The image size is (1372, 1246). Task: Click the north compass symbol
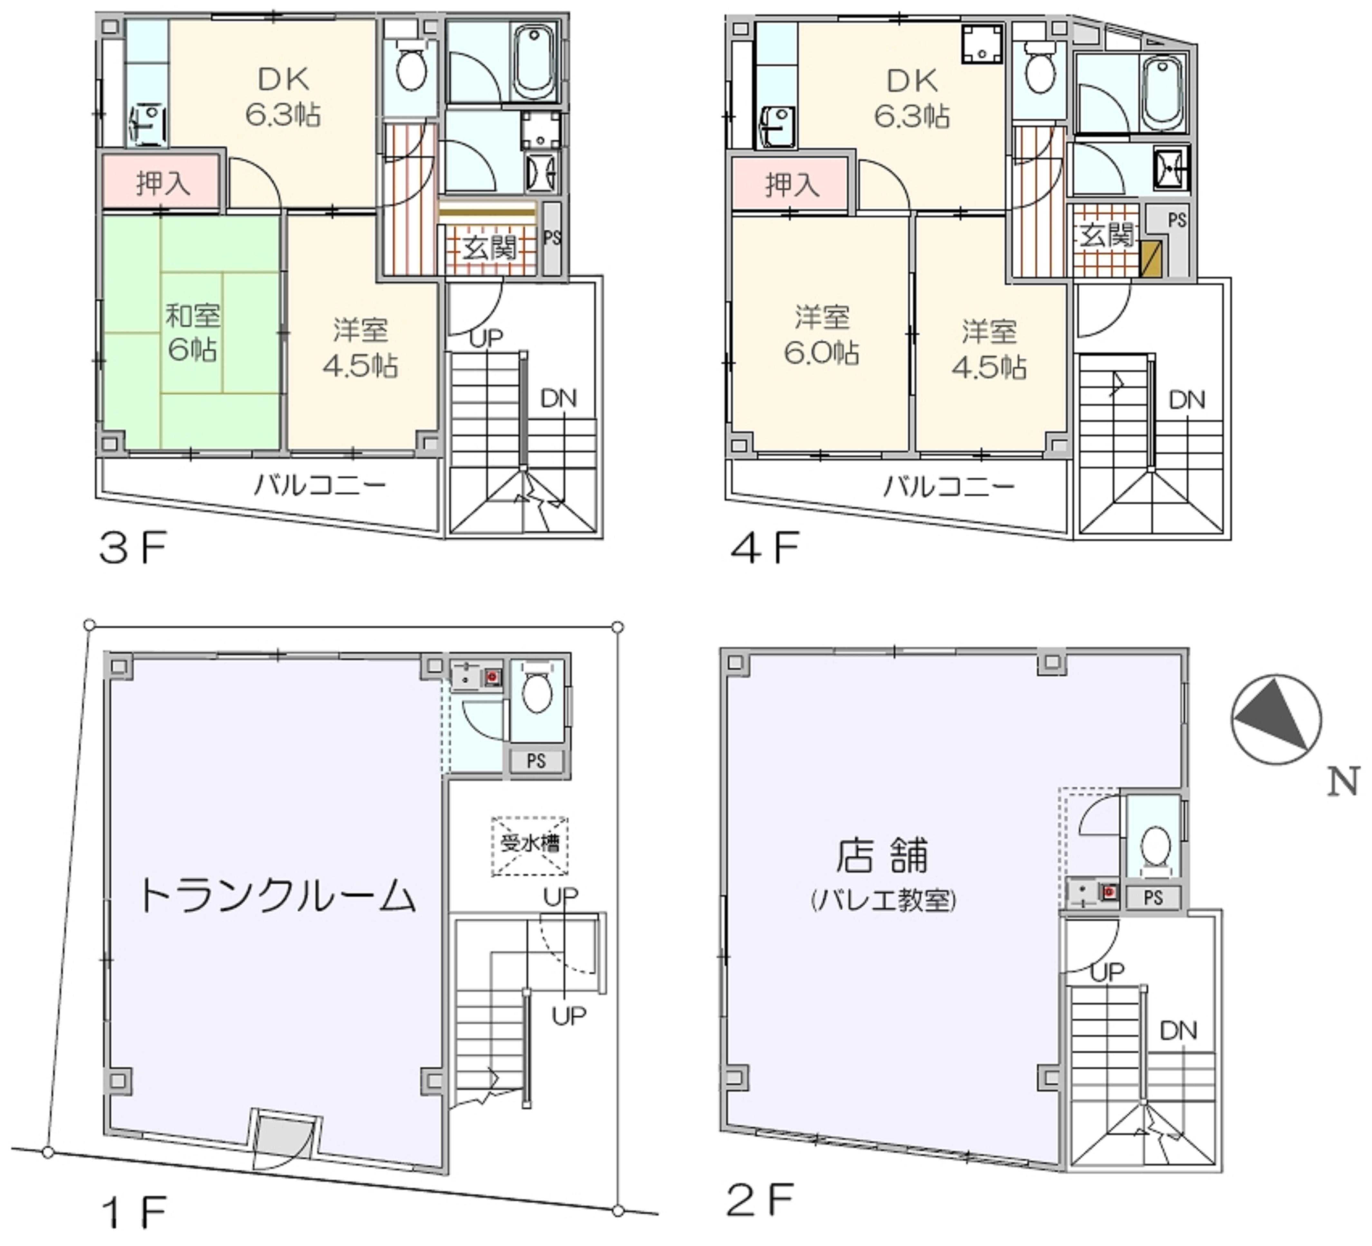point(1276,719)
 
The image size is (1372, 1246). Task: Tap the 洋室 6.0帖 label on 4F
point(822,335)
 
